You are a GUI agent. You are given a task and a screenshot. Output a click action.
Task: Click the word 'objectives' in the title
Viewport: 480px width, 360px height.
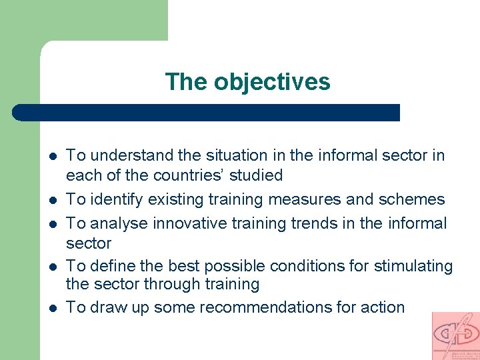coord(272,82)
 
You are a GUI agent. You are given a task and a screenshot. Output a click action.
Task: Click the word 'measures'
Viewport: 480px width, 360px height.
coord(291,199)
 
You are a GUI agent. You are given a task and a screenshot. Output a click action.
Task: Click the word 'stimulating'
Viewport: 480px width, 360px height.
coord(413,266)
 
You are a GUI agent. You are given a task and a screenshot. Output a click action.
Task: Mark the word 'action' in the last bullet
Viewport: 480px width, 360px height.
coord(381,307)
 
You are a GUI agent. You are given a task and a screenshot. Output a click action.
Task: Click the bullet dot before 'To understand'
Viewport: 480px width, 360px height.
coord(52,156)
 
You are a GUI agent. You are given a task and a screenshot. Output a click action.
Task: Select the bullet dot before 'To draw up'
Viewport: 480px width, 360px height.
coord(52,308)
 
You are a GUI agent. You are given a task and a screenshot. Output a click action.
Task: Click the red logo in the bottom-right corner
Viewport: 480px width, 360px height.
coord(455,335)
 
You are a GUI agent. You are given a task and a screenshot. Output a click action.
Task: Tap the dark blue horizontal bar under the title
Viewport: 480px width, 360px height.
coord(207,112)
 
